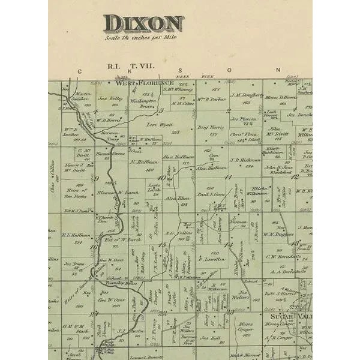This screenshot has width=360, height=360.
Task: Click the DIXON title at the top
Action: pyautogui.click(x=143, y=24)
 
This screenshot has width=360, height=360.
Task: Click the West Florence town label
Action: pyautogui.click(x=149, y=83)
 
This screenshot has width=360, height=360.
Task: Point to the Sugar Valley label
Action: pyautogui.click(x=290, y=316)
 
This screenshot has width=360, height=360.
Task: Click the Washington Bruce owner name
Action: pyautogui.click(x=143, y=103)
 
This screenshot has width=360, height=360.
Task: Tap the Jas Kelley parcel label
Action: pyautogui.click(x=111, y=98)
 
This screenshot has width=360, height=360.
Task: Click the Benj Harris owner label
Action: pyautogui.click(x=211, y=128)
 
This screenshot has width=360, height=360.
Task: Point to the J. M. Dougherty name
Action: pyautogui.click(x=247, y=94)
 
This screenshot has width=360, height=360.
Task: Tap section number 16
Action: pyautogui.click(x=94, y=246)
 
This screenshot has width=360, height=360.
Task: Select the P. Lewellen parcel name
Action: pyautogui.click(x=214, y=259)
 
